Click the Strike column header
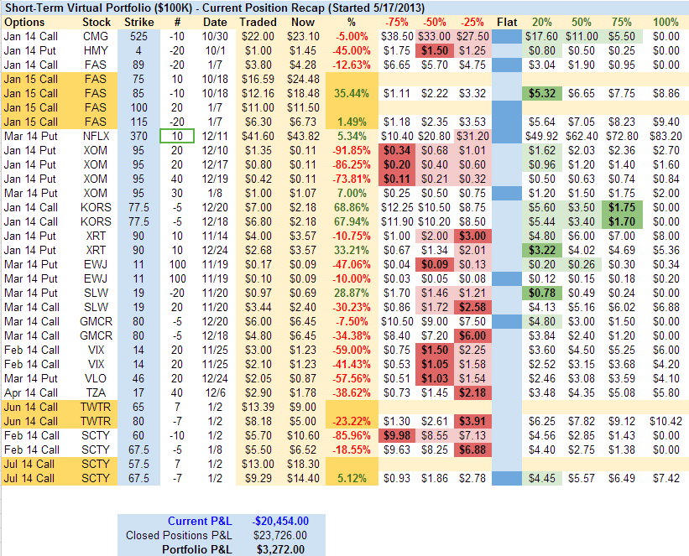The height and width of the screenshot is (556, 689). click(138, 21)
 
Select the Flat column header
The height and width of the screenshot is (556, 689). click(507, 21)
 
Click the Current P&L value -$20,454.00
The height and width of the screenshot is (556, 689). click(280, 521)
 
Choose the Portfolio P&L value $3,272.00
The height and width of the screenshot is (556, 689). click(280, 549)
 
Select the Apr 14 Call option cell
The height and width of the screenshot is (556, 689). click(31, 392)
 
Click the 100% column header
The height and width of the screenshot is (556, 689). click(666, 21)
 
